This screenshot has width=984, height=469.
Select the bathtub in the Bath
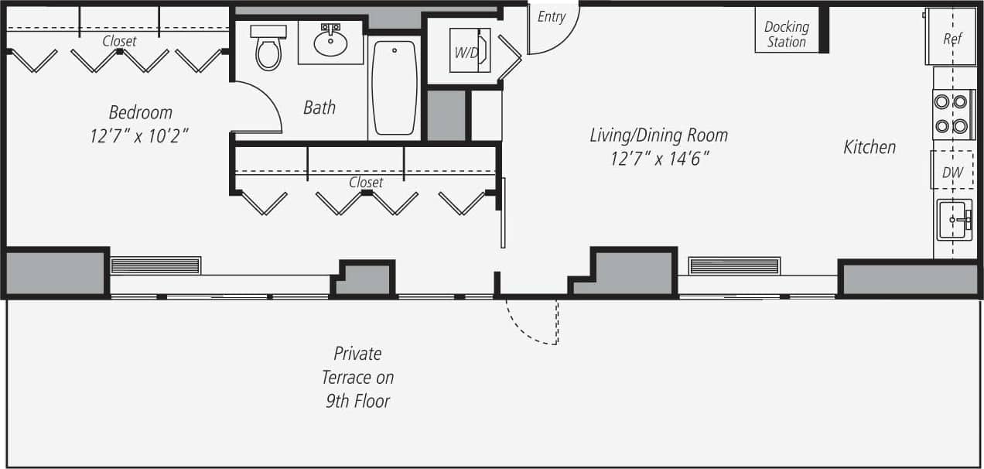pyautogui.click(x=394, y=87)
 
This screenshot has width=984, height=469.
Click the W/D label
pyautogui.click(x=466, y=53)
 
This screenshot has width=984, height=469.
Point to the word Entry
pyautogui.click(x=552, y=17)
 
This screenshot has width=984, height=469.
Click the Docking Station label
pyautogui.click(x=786, y=34)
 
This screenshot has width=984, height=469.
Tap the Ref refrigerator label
pyautogui.click(x=952, y=39)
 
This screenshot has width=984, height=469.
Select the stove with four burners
pyautogui.click(x=952, y=113)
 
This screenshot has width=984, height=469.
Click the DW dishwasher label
pyautogui.click(x=952, y=173)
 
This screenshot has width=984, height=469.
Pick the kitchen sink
pyautogui.click(x=953, y=220)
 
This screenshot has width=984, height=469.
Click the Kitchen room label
pyautogui.click(x=870, y=147)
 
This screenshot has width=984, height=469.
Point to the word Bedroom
pyautogui.click(x=140, y=112)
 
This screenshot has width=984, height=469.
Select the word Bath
pyautogui.click(x=319, y=108)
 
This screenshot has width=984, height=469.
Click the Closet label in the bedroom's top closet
pyautogui.click(x=119, y=41)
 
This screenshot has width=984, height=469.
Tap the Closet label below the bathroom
pyautogui.click(x=366, y=183)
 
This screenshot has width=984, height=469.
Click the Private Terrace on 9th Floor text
pyautogui.click(x=357, y=378)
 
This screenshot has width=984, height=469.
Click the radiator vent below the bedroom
pyautogui.click(x=155, y=265)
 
